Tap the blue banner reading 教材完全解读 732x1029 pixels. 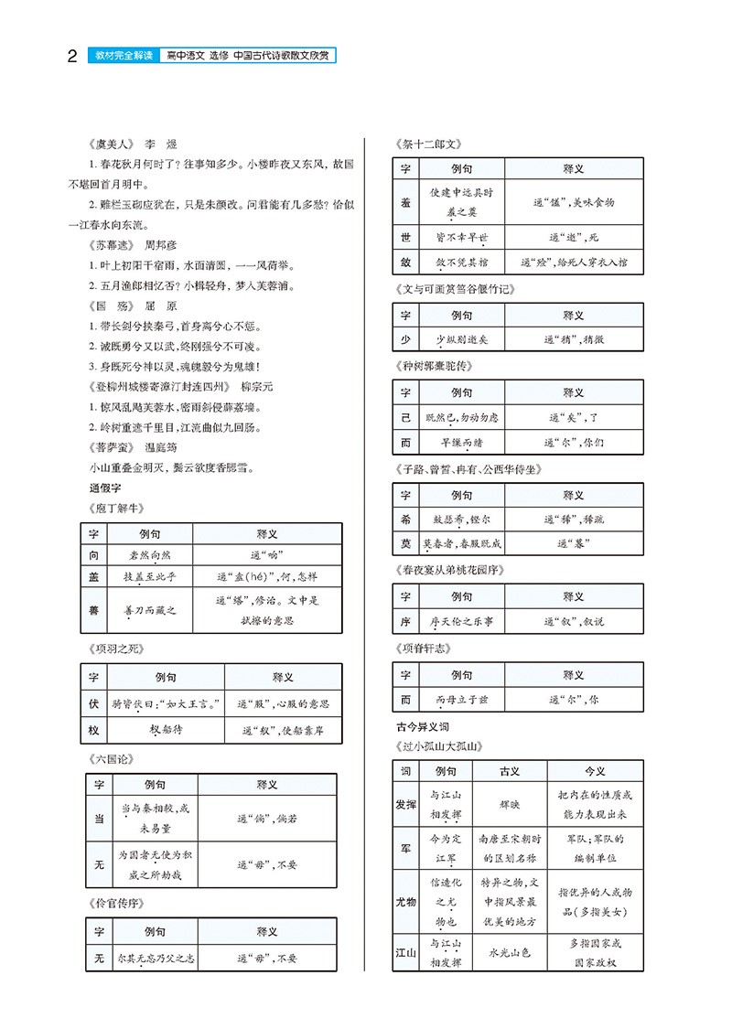coord(125,56)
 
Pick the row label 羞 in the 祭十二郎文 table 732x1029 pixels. coord(406,202)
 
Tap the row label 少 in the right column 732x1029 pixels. coord(406,338)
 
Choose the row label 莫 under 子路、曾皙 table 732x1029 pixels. coord(406,543)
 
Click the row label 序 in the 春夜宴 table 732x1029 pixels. coord(406,621)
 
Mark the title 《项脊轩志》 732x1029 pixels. coord(425,648)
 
